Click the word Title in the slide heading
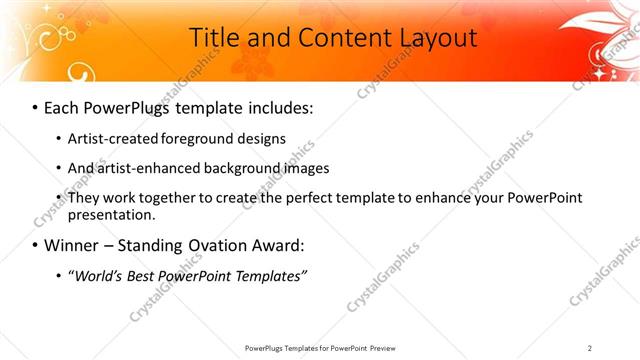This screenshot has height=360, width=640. click(x=214, y=38)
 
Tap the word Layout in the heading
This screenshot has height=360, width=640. click(x=429, y=38)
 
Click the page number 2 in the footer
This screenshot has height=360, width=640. click(x=590, y=347)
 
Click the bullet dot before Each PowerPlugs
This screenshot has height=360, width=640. click(x=35, y=106)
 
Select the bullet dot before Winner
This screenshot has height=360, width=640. click(x=35, y=245)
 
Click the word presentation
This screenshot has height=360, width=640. click(x=111, y=214)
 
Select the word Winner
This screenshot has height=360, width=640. click(x=73, y=245)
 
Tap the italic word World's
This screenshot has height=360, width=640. click(x=101, y=274)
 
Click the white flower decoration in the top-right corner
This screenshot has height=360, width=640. click(x=600, y=35)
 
